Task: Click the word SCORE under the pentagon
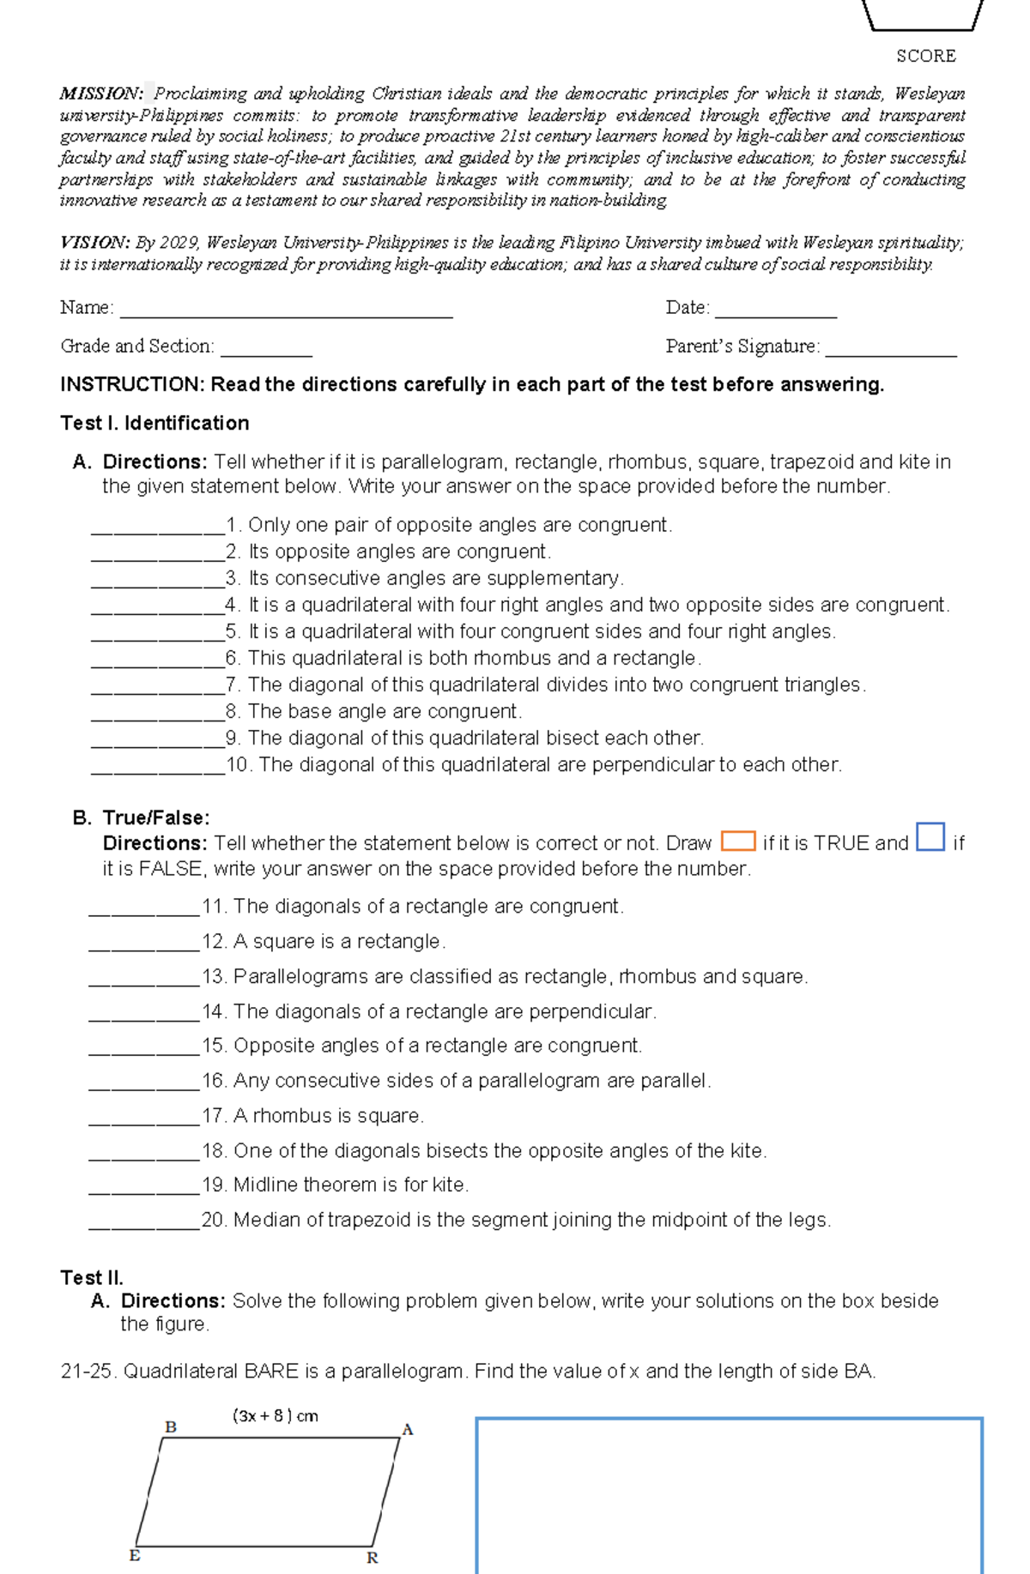925,57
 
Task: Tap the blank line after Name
286,311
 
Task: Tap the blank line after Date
775,311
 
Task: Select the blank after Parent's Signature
890,349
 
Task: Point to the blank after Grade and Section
266,349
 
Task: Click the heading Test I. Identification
154,423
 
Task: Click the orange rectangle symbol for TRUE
738,841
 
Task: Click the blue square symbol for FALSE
930,836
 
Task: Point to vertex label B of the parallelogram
171,1427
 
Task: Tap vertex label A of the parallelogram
408,1430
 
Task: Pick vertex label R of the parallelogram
373,1558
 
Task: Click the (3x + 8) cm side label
276,1416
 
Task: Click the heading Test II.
92,1277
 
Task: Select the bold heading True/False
156,817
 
